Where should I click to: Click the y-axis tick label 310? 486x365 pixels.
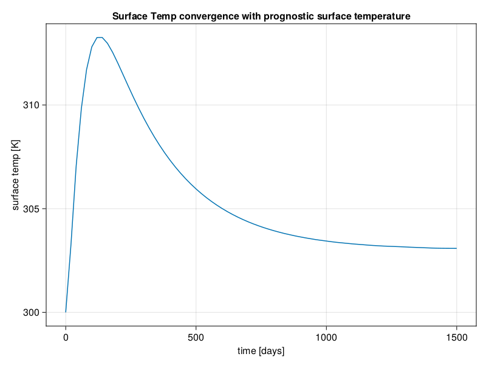coord(32,105)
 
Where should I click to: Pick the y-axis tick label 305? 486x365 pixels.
coord(32,209)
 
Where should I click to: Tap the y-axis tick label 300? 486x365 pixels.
coord(32,313)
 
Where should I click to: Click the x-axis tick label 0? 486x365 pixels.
coord(66,338)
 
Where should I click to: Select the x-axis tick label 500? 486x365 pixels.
coord(196,338)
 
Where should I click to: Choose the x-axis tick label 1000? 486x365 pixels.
coord(326,338)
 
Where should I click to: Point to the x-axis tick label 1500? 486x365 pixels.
coord(457,338)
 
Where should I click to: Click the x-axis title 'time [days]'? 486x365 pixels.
coord(261,351)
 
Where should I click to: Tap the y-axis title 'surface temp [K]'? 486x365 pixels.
coord(15,175)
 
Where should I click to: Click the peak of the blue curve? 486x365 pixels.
coord(100,38)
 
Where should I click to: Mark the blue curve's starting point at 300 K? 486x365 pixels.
coord(66,312)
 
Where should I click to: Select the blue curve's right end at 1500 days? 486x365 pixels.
coord(457,248)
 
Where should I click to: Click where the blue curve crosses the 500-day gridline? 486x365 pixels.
coord(196,188)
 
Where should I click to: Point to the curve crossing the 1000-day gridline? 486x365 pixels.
coord(326,241)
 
